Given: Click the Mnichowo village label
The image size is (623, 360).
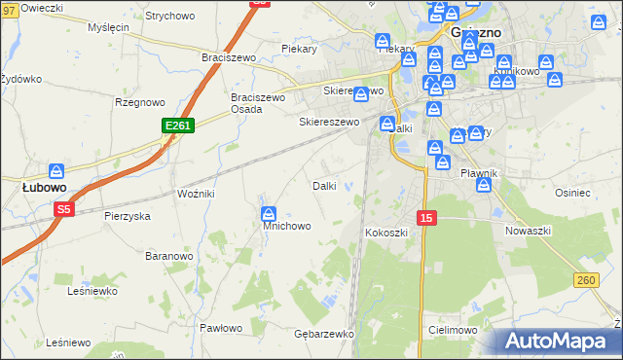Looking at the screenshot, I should click(x=286, y=226).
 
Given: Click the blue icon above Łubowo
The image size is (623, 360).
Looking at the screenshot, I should click(x=56, y=171).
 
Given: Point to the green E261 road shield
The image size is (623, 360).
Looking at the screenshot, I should click(x=178, y=126).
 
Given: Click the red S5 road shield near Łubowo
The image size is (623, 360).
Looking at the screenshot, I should click(x=64, y=208).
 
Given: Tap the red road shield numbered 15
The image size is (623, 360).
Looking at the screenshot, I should click(x=425, y=218).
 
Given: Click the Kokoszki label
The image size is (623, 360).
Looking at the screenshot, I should click(x=385, y=234).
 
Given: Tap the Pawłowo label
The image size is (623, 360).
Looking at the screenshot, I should click(x=220, y=328).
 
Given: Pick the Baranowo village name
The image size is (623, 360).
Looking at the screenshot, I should click(x=169, y=256).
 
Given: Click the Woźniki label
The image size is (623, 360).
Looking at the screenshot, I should click(x=196, y=194).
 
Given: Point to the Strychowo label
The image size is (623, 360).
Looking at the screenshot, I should click(x=169, y=17).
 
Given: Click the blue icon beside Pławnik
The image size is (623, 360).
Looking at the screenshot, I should click(x=484, y=185).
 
